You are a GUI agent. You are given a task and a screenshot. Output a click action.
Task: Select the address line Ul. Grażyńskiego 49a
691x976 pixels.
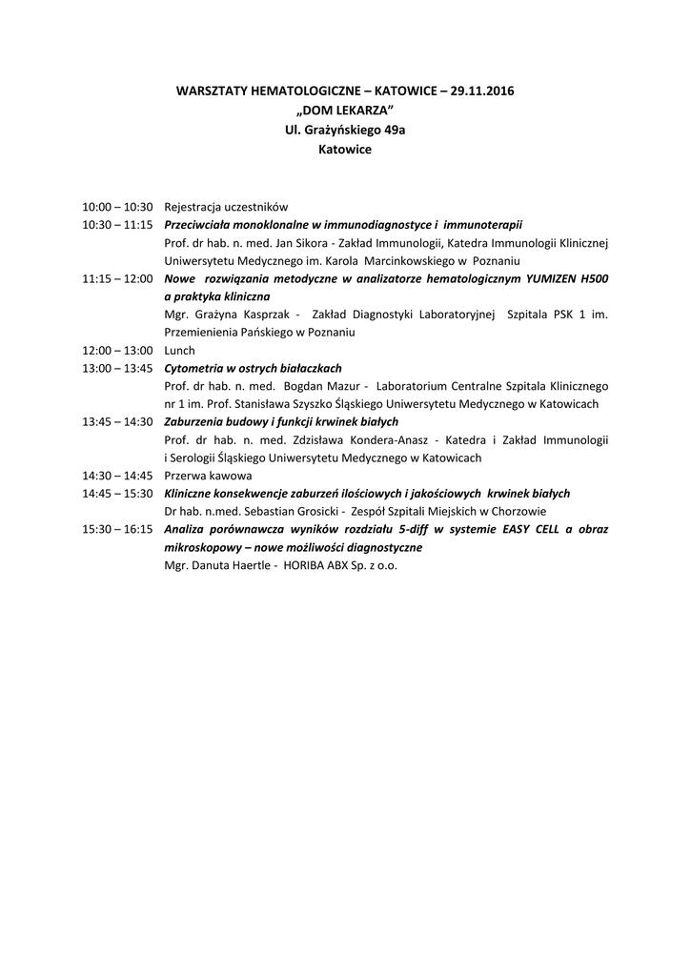click(x=345, y=130)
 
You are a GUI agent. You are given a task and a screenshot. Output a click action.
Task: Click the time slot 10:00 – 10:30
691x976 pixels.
click(x=117, y=206)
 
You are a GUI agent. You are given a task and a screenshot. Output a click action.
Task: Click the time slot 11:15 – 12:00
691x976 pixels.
click(x=117, y=278)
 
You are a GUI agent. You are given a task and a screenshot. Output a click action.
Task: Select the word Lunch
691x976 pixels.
click(x=179, y=351)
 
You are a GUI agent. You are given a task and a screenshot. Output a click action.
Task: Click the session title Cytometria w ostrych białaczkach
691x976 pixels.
click(x=253, y=368)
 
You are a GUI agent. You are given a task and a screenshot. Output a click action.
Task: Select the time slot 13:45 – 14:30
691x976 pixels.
click(x=117, y=421)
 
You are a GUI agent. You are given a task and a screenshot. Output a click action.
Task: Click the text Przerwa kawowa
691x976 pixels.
click(x=208, y=475)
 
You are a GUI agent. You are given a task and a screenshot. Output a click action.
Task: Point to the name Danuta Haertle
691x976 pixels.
click(x=230, y=565)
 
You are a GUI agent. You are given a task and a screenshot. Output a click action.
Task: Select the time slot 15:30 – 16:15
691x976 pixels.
click(x=117, y=529)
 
